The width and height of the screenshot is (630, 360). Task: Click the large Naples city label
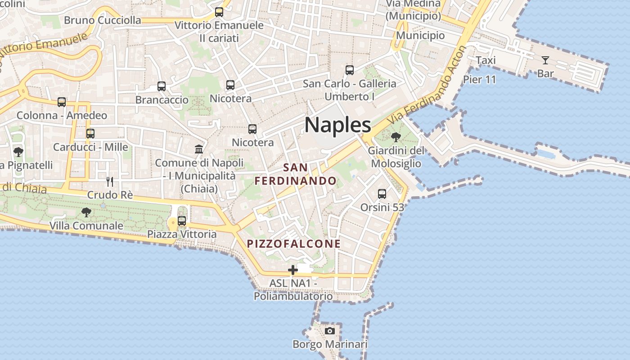click(x=338, y=125)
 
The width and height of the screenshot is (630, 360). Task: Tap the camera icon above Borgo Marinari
click(x=330, y=331)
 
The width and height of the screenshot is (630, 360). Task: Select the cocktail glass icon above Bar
click(x=545, y=60)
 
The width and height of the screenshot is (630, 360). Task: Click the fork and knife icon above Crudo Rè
click(x=109, y=181)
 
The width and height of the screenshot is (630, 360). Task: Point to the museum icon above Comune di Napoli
click(x=199, y=149)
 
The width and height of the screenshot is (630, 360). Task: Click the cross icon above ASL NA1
click(x=293, y=270)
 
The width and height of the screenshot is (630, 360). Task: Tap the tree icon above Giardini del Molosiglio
click(x=396, y=137)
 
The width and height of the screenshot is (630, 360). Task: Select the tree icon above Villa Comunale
click(x=86, y=212)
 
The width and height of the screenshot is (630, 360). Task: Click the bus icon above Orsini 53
click(x=382, y=194)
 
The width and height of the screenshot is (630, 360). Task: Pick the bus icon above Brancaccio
click(x=162, y=86)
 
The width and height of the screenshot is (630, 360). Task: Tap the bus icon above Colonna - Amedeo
click(x=62, y=102)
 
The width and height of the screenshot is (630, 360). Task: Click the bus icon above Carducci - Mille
click(x=90, y=134)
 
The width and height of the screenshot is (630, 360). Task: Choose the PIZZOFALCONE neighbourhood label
click(x=294, y=244)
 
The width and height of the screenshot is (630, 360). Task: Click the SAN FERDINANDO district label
click(x=296, y=174)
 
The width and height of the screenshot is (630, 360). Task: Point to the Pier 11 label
click(x=479, y=80)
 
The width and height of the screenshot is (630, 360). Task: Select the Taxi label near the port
click(x=486, y=60)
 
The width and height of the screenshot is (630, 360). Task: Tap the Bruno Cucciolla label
click(x=102, y=20)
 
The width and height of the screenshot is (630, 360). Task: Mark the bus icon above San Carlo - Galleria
click(x=350, y=70)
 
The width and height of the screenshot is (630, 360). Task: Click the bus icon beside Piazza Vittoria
click(x=182, y=221)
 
